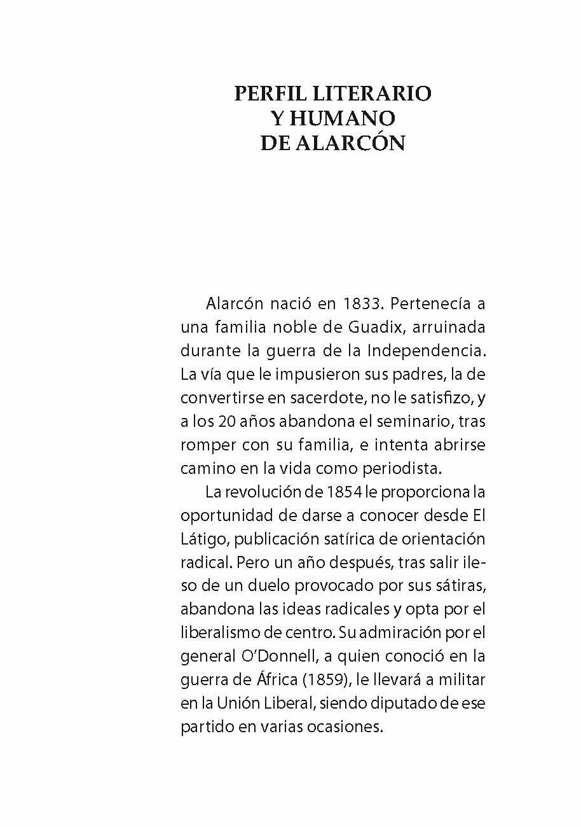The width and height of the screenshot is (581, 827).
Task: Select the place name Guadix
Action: (x=371, y=328)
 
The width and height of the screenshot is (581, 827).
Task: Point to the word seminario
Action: (x=399, y=421)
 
